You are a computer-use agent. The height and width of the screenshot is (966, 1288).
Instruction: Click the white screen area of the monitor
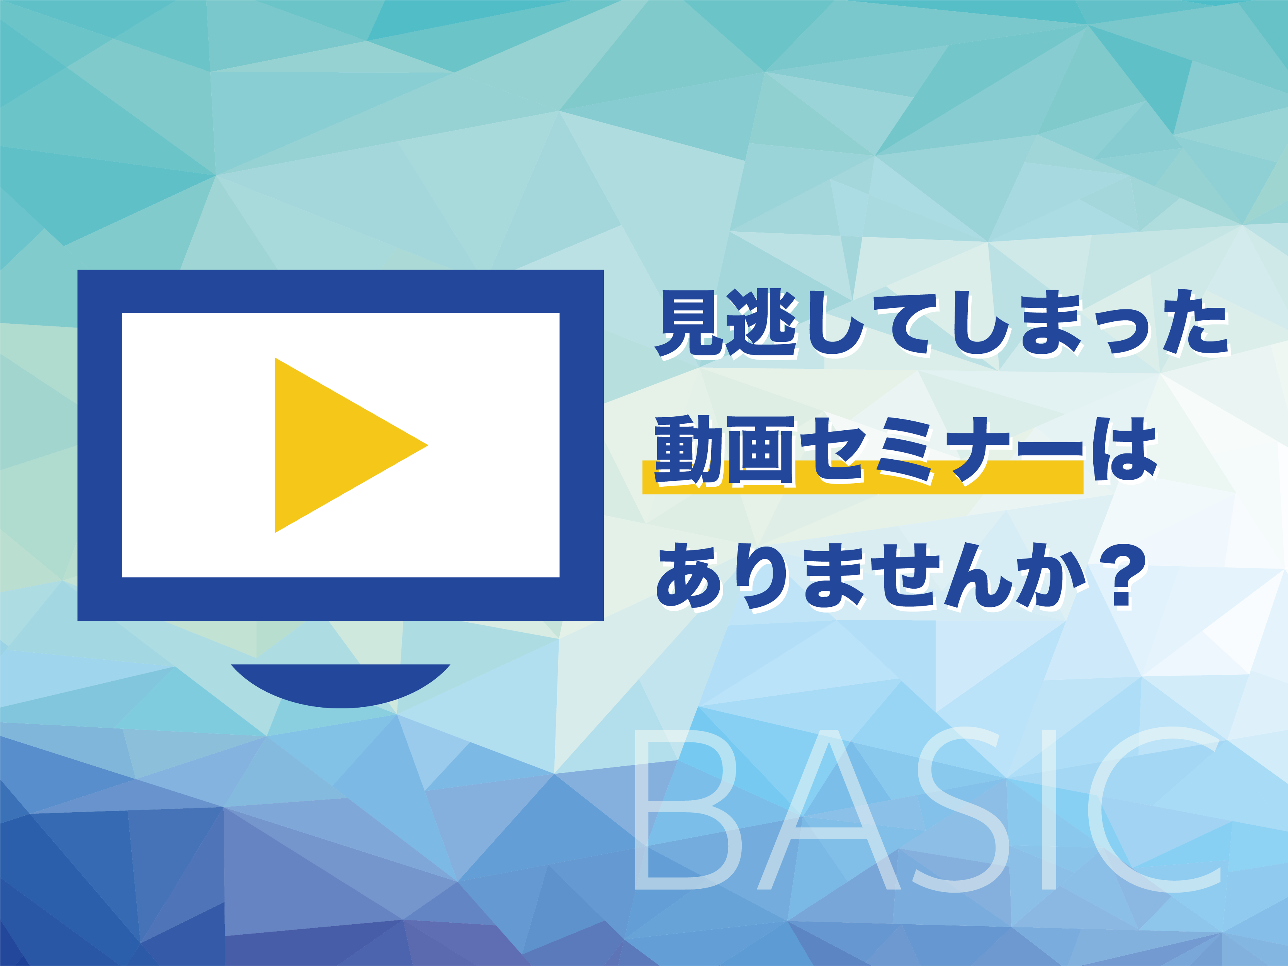pos(198,445)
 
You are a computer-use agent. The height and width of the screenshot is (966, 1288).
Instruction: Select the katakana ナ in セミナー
pos(978,450)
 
